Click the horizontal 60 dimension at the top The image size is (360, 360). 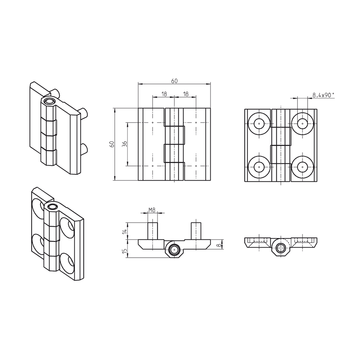click(x=174, y=81)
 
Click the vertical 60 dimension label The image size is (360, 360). click(x=112, y=144)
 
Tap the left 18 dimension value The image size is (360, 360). click(x=164, y=94)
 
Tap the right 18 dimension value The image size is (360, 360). click(x=186, y=94)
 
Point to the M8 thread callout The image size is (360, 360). click(x=152, y=210)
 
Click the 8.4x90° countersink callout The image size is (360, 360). click(x=323, y=95)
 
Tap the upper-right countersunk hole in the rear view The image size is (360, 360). click(x=302, y=124)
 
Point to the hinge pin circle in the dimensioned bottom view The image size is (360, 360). click(x=174, y=250)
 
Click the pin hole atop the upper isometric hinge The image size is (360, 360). click(x=50, y=102)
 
